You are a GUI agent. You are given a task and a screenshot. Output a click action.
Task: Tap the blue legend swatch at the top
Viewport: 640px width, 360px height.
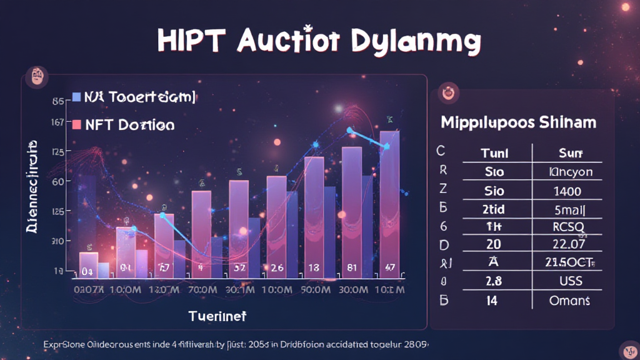click(77, 97)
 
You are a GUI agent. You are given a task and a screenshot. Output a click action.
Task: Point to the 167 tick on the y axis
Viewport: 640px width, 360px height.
click(56, 122)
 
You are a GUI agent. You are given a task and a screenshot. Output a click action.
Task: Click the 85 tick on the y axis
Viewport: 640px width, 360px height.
click(57, 101)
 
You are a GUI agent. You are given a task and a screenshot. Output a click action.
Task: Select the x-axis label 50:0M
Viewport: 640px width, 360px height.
click(314, 290)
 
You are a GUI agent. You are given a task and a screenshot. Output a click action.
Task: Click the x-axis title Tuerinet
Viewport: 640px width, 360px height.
click(217, 316)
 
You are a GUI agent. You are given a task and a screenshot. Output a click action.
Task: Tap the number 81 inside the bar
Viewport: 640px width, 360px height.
click(352, 268)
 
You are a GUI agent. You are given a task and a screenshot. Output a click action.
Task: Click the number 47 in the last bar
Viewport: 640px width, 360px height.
click(389, 268)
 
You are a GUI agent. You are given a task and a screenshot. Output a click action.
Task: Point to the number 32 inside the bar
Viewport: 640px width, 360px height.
click(239, 268)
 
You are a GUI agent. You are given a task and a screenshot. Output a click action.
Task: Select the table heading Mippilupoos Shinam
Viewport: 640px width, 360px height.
click(518, 122)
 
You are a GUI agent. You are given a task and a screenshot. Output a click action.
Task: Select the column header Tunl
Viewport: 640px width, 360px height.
click(494, 153)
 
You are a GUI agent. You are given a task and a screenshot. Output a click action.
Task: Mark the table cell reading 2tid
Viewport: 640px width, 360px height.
click(494, 209)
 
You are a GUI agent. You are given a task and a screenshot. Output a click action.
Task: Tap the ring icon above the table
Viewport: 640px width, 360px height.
click(449, 94)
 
